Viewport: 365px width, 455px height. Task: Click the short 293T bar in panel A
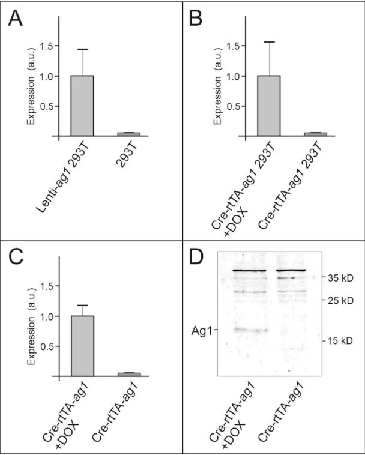tap(129, 134)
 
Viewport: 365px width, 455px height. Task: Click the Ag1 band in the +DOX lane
tap(248, 330)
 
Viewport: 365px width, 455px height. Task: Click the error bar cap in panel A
tap(82, 49)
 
